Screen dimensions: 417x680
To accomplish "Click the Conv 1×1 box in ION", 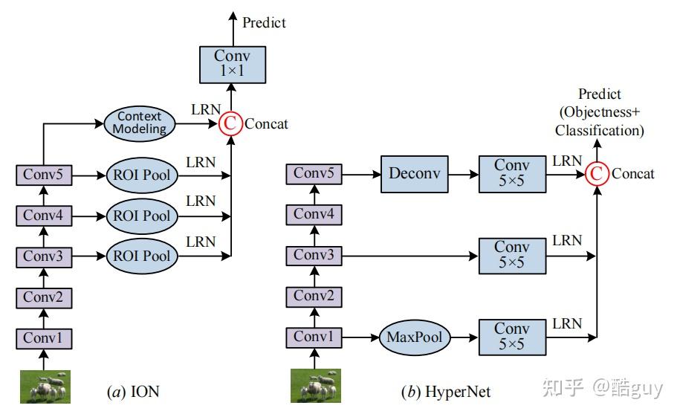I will [x=233, y=63].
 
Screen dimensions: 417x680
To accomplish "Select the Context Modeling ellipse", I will [x=139, y=123].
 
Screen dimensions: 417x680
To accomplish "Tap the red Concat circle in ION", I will [x=231, y=123].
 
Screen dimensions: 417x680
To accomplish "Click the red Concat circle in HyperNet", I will [x=596, y=173].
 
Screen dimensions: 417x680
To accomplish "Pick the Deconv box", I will [x=415, y=175].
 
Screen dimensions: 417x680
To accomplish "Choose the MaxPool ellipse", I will [x=414, y=337].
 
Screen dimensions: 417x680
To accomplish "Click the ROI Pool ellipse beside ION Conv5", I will [x=142, y=176].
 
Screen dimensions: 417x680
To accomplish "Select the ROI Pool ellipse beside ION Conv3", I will [x=142, y=256].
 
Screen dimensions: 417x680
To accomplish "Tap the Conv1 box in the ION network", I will [x=43, y=338].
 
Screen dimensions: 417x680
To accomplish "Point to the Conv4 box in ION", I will [x=43, y=216].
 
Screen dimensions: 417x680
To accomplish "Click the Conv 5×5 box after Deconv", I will [x=512, y=175].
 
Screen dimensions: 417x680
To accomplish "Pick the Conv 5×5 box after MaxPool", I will [x=512, y=337].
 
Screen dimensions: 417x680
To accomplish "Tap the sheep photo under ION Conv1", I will [x=45, y=387].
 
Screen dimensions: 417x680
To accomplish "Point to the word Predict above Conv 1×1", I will [x=264, y=22].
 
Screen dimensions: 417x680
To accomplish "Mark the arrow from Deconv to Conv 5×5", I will [x=461, y=175].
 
